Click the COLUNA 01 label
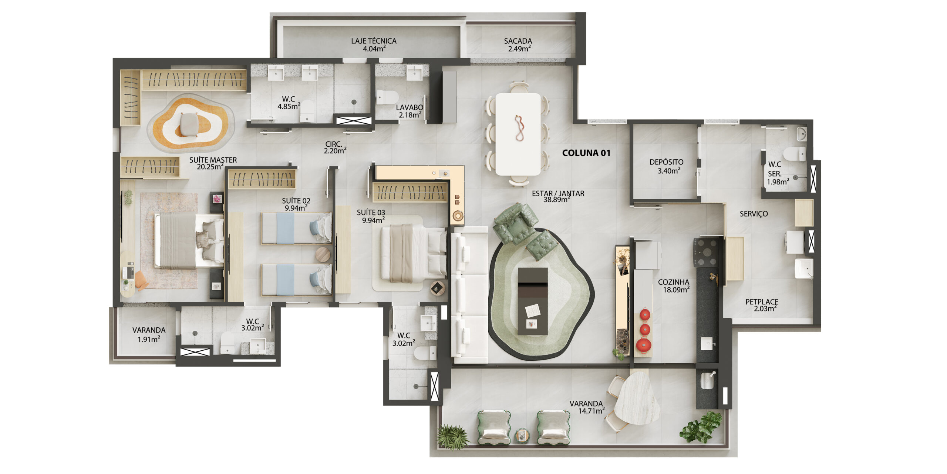[586, 153]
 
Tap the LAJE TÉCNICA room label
[374, 41]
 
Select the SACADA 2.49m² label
[518, 45]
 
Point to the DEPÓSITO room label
[666, 162]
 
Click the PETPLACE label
[762, 302]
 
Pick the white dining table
[518, 134]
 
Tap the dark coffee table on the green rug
[532, 301]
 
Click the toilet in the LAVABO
[387, 97]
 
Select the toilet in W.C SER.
[794, 154]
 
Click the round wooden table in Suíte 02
[323, 255]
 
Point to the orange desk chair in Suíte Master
[141, 280]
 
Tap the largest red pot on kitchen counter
[644, 345]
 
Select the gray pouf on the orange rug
[189, 124]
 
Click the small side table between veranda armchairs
[522, 436]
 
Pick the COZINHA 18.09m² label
[674, 286]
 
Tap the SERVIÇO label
[754, 214]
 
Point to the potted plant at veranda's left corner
[452, 437]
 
